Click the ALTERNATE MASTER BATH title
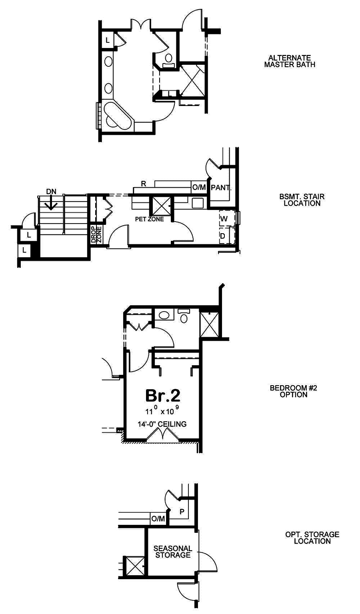tap(290, 61)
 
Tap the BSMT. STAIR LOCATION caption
tap(302, 200)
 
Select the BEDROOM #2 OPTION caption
tap(293, 391)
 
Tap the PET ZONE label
tap(150, 219)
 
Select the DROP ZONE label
tap(96, 234)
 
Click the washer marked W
tap(227, 218)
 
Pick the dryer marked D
tap(227, 236)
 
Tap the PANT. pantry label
tap(221, 188)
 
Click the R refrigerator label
tap(143, 184)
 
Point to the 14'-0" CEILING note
tap(162, 424)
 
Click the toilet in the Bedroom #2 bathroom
tap(184, 316)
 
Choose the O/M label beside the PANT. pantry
tap(199, 188)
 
